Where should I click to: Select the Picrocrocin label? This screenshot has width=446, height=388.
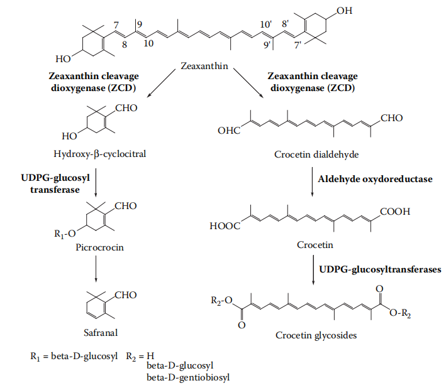coord(96,247)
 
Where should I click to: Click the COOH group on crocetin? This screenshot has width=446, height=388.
coord(397,212)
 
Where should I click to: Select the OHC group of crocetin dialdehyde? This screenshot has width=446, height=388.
coord(229,131)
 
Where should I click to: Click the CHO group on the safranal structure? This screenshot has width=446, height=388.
coord(124,294)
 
